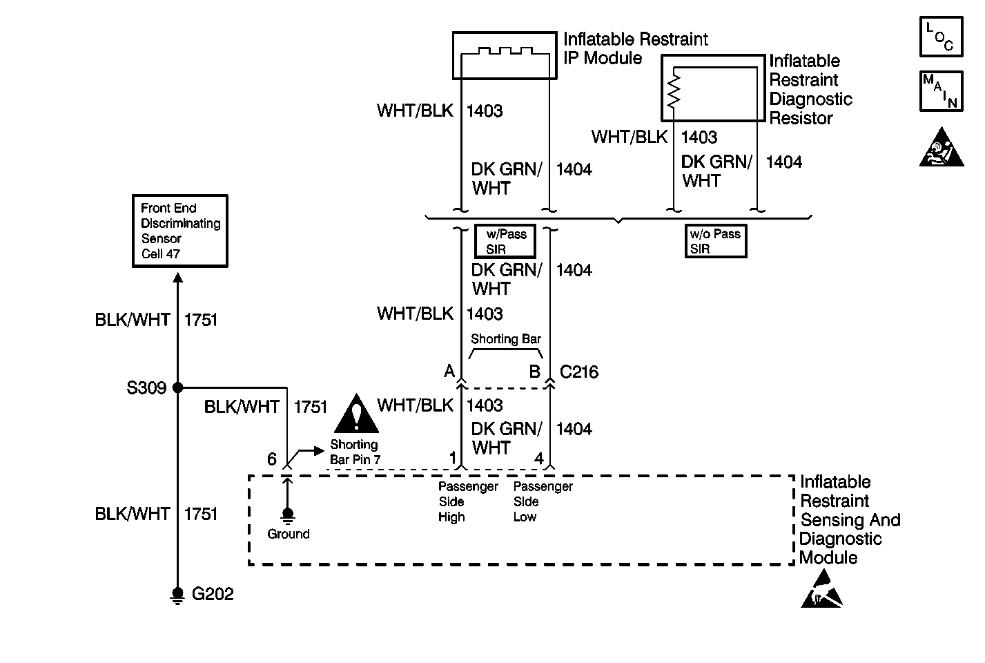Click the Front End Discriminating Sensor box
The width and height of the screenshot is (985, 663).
pyautogui.click(x=179, y=231)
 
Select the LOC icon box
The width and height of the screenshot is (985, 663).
pyautogui.click(x=941, y=37)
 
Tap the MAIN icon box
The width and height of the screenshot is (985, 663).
pyautogui.click(x=941, y=90)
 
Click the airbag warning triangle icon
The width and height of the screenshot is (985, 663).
pyautogui.click(x=941, y=148)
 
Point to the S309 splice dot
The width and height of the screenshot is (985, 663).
pyautogui.click(x=177, y=388)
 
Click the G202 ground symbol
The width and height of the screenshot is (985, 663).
pyautogui.click(x=177, y=595)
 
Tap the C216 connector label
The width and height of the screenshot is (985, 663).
pyautogui.click(x=578, y=373)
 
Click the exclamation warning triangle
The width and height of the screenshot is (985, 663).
pyautogui.click(x=356, y=414)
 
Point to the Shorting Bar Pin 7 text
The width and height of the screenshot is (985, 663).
pyautogui.click(x=355, y=452)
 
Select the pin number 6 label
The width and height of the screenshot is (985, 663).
pyautogui.click(x=272, y=459)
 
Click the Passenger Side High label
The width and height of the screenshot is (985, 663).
pyautogui.click(x=468, y=501)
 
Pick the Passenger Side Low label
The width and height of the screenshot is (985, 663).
pyautogui.click(x=543, y=501)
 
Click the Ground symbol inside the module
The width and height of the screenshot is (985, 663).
pyautogui.click(x=288, y=515)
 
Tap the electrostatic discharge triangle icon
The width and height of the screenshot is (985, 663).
pyautogui.click(x=821, y=590)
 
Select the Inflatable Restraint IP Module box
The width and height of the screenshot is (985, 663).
pyautogui.click(x=504, y=55)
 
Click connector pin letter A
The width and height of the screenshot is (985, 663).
pyautogui.click(x=449, y=372)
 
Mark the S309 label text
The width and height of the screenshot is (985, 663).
pyautogui.click(x=146, y=388)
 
